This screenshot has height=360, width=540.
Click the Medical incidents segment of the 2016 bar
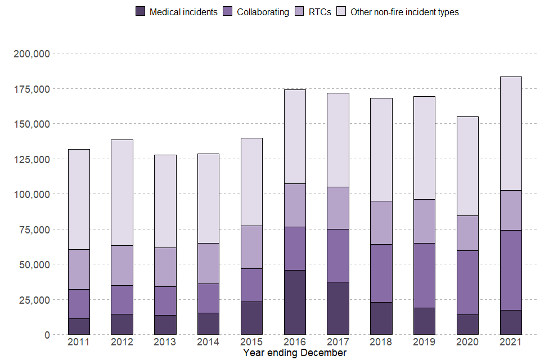click(295, 302)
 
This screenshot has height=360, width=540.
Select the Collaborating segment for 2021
click(511, 270)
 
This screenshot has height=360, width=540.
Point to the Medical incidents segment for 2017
click(338, 308)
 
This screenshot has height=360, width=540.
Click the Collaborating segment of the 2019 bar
click(425, 275)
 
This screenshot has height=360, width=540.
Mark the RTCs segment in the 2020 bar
click(467, 233)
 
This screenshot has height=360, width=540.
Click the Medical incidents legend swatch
click(141, 11)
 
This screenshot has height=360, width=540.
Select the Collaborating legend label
click(263, 12)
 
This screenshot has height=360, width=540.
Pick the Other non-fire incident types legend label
click(404, 12)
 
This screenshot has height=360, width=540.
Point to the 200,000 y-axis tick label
click(31, 54)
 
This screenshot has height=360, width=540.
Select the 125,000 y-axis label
click(31, 159)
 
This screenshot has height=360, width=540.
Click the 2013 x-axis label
click(165, 342)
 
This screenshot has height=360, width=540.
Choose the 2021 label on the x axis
click(511, 342)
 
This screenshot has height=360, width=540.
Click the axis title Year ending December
click(295, 353)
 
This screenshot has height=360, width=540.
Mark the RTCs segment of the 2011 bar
click(79, 269)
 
